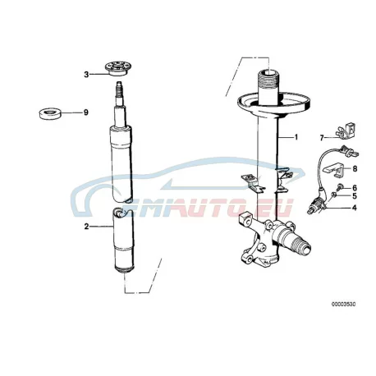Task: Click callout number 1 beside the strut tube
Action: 296,137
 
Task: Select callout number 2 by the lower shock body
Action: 86,227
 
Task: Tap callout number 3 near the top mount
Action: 86,74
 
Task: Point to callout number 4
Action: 355,208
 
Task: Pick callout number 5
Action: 355,196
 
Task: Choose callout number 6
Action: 355,188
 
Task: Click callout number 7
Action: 322,138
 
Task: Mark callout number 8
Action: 355,169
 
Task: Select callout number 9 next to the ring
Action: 86,112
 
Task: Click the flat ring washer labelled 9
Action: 49,113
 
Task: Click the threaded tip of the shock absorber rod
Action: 120,87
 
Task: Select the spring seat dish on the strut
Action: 273,104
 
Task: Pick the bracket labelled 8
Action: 334,170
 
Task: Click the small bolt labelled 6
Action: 341,186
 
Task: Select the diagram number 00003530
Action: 344,304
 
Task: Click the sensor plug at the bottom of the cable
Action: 316,206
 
